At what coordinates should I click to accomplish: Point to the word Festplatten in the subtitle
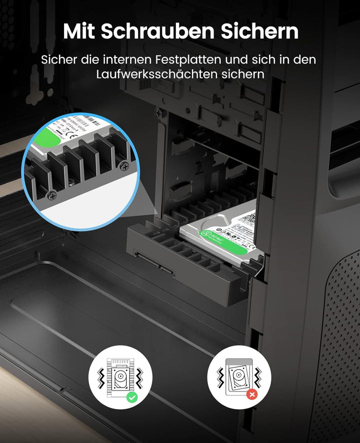pyautogui.click(x=180, y=59)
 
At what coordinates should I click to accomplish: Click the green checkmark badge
pyautogui.click(x=132, y=397)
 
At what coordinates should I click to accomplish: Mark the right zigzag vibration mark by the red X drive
pyautogui.click(x=258, y=376)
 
